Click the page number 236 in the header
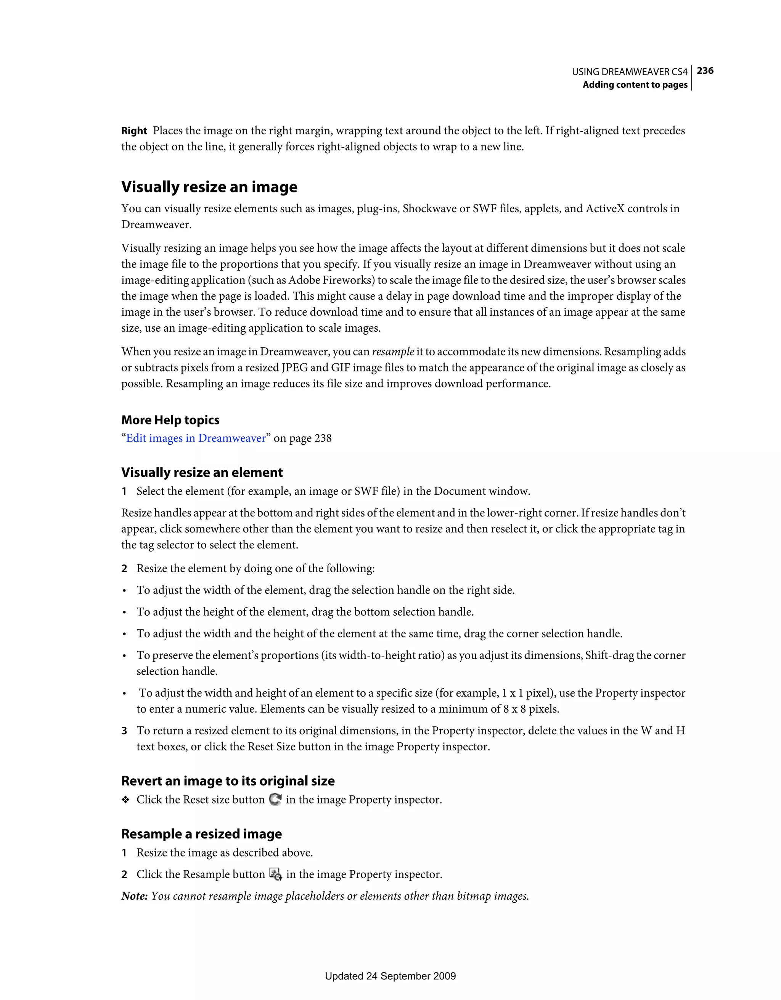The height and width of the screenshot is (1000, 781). coord(705,71)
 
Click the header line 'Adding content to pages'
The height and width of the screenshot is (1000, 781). coord(635,85)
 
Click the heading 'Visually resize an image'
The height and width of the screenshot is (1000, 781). coord(209,187)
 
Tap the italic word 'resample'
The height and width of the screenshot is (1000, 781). coord(392,352)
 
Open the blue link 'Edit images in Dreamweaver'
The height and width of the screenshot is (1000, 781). coord(196,438)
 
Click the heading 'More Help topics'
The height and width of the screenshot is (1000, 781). coord(170,420)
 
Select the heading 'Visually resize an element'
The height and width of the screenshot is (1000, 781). coord(202,473)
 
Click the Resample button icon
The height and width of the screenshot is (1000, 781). coord(275,874)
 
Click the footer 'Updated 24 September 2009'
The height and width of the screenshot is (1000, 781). coord(390,976)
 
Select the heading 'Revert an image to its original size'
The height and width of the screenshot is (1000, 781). coord(228,781)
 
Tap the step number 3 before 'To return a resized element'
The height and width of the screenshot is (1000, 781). coord(124,731)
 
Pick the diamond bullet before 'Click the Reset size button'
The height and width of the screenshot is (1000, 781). coord(125,800)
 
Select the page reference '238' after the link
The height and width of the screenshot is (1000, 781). coord(323,438)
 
